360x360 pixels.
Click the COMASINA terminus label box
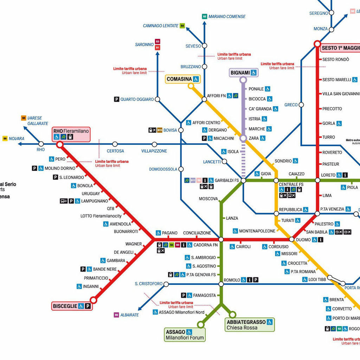[183, 79]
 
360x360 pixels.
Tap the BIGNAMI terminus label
[244, 73]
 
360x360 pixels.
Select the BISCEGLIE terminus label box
[72, 306]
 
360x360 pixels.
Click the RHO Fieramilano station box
[71, 134]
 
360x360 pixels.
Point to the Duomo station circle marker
[291, 239]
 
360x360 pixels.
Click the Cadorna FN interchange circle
[221, 239]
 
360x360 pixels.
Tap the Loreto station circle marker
[317, 180]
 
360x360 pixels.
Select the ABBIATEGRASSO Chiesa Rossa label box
[250, 324]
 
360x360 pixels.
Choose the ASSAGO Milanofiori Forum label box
[185, 335]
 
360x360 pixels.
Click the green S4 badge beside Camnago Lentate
[182, 26]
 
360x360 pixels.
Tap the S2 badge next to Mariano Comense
[205, 17]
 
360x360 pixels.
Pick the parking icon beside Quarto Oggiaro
[116, 99]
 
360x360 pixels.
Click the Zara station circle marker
[243, 139]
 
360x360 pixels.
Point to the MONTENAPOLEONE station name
[257, 231]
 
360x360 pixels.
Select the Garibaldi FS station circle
[243, 180]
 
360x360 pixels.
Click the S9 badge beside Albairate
[116, 315]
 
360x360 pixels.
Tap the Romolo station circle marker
[221, 284]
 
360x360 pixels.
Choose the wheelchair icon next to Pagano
[158, 233]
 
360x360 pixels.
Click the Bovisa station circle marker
[181, 130]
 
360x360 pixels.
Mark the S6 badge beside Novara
[5, 139]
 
